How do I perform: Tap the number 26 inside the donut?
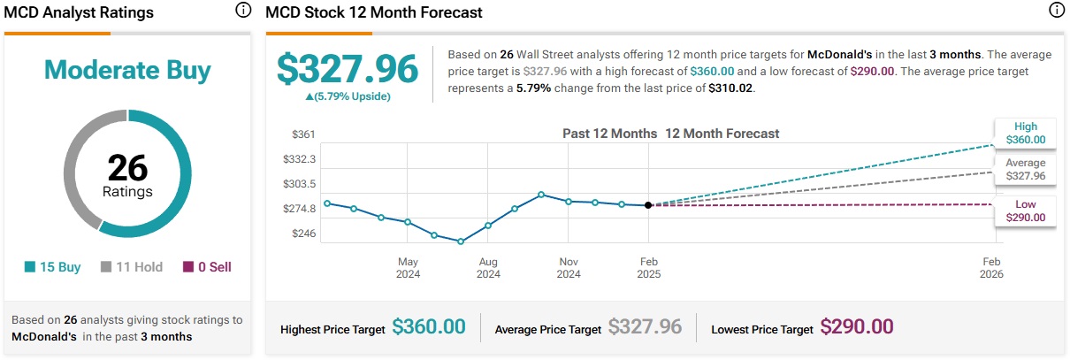click(x=127, y=168)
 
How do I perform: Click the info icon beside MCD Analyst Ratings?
click(x=243, y=11)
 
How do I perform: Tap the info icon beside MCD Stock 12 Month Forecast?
click(x=1055, y=11)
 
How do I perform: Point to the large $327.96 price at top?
click(x=347, y=69)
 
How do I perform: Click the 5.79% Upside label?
click(x=347, y=96)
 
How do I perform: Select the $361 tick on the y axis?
click(x=303, y=134)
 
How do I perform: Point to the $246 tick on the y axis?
click(x=303, y=234)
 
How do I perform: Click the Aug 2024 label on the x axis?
click(x=488, y=267)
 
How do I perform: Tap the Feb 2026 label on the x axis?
click(x=991, y=267)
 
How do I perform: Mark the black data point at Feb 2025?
click(x=649, y=205)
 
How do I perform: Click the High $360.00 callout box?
click(x=1026, y=133)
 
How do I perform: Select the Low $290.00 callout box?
click(x=1026, y=211)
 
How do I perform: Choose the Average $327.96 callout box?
click(x=1026, y=170)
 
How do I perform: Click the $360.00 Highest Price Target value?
click(x=429, y=326)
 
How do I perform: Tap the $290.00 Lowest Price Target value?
click(x=857, y=326)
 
